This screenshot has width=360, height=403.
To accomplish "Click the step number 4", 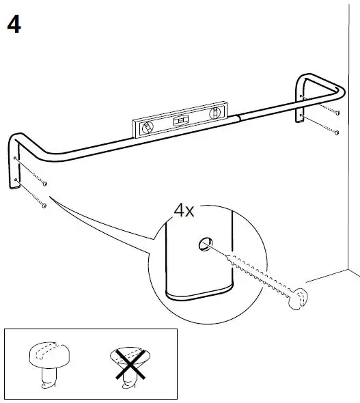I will (x=14, y=25).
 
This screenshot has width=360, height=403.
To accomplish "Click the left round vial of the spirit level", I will (x=147, y=126).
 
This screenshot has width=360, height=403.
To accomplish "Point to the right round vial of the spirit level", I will (x=217, y=111).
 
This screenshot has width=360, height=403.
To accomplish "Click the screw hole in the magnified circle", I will (x=204, y=242).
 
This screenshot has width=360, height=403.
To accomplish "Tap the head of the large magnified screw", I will (x=299, y=298).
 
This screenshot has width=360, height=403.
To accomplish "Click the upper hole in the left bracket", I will (x=15, y=158).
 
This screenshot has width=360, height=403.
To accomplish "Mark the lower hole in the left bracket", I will (x=14, y=180).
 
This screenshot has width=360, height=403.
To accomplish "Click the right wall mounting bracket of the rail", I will (x=301, y=102).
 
